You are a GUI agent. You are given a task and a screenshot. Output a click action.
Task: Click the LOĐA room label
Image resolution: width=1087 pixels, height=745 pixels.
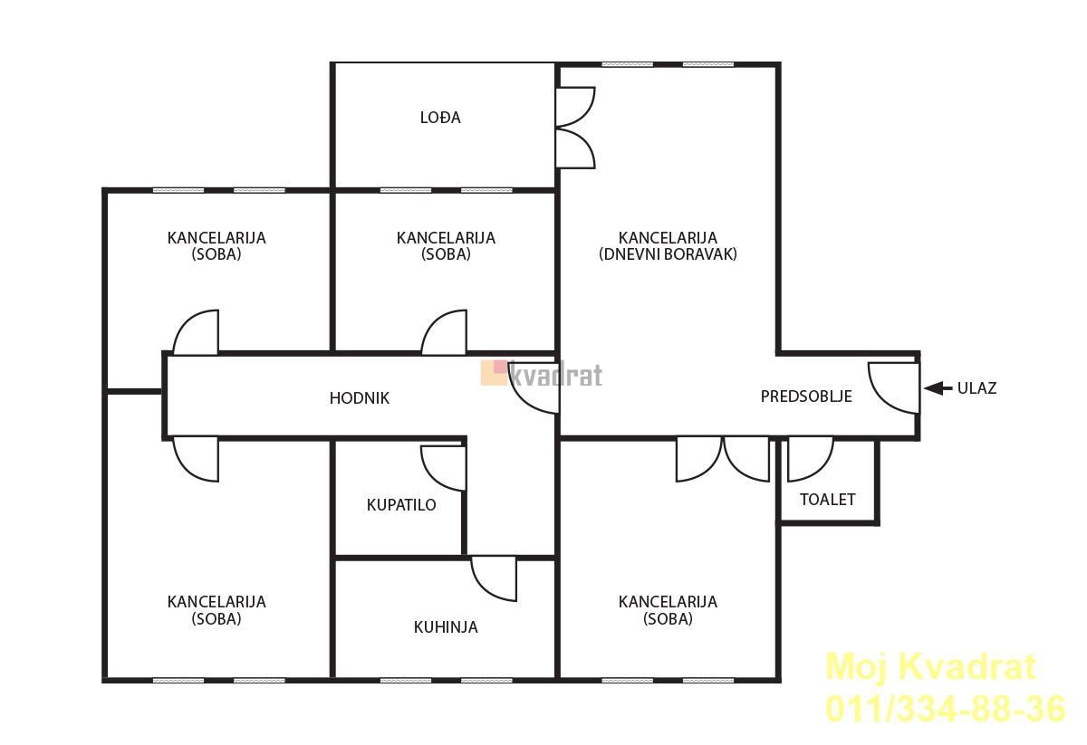[x=440, y=118]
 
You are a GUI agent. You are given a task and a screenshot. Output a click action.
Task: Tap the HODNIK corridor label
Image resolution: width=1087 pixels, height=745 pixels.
[x=359, y=398]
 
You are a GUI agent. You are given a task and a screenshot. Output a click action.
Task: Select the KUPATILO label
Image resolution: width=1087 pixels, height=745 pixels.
[x=401, y=505]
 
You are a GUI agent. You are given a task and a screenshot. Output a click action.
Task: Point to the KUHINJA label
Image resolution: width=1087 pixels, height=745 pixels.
[x=446, y=627]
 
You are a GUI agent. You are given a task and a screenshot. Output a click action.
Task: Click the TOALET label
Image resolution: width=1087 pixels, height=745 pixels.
[x=827, y=500]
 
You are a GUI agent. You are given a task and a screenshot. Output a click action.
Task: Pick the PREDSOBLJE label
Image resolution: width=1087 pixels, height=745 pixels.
[x=806, y=396]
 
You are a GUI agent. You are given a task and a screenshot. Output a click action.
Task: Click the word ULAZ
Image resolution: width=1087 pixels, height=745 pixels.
[x=976, y=388]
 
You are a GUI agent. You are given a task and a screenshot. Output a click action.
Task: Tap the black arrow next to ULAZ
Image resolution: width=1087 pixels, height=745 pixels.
[x=938, y=388]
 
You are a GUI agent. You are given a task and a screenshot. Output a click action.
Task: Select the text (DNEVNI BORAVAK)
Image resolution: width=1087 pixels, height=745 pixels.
[x=668, y=254]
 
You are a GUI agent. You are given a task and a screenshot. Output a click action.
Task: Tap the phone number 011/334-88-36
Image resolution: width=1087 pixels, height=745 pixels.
[x=946, y=709]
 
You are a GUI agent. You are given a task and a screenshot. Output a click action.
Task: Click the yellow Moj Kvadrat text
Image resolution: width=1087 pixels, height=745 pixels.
[x=931, y=667]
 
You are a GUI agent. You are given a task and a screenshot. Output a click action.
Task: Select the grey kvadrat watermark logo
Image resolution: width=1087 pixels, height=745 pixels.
[x=542, y=374]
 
